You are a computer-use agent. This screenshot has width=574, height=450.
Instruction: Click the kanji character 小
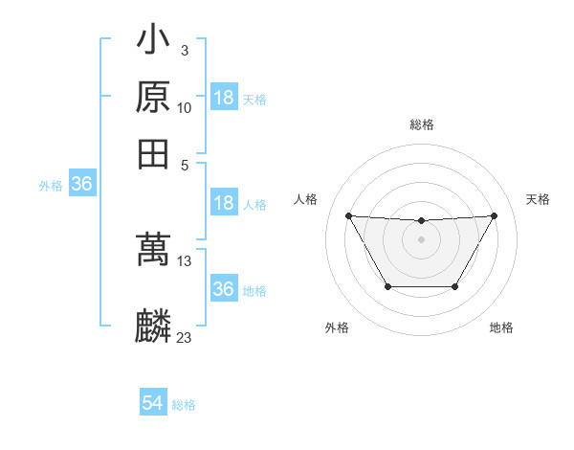(x=154, y=41)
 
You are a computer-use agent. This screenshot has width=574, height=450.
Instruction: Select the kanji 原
(x=154, y=98)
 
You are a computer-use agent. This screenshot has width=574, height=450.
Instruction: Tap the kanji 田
(x=154, y=153)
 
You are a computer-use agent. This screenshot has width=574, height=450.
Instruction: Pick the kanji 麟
(x=154, y=325)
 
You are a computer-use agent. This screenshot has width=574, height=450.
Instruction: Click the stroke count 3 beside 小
(x=184, y=50)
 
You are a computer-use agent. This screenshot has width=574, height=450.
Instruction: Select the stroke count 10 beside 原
(x=185, y=107)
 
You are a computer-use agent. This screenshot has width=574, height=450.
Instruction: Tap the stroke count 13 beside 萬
(x=185, y=260)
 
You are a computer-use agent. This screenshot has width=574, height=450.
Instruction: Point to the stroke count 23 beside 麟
(x=185, y=337)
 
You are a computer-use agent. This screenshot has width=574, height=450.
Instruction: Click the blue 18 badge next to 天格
(x=224, y=98)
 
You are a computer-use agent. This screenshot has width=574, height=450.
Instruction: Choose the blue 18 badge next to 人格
(x=224, y=203)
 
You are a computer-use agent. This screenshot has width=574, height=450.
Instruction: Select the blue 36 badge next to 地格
(x=224, y=289)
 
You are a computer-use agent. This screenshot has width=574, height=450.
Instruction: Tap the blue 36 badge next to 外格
(x=81, y=185)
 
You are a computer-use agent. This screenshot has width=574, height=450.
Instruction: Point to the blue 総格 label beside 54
(x=184, y=405)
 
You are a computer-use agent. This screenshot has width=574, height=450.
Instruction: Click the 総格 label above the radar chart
(x=421, y=124)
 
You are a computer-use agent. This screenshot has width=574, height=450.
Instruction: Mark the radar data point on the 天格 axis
(x=494, y=215)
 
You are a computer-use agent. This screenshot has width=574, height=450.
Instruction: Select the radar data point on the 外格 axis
(x=387, y=286)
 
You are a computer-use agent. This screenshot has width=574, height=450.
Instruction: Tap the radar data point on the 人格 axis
(x=348, y=215)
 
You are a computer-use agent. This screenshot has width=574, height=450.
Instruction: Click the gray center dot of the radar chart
(x=421, y=239)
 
